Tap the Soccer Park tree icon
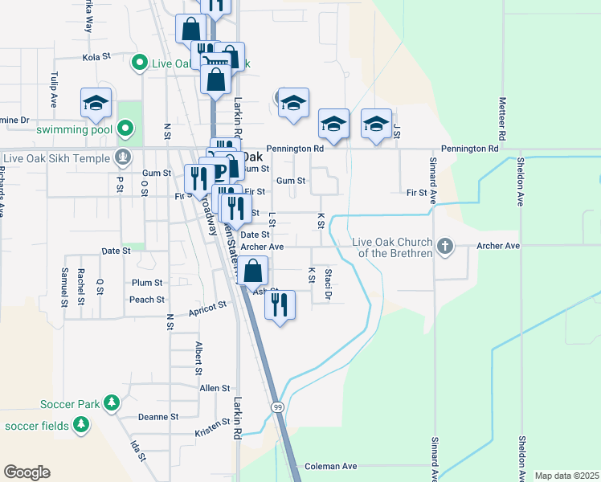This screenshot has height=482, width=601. pos(112,402)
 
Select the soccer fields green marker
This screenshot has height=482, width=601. pos(80,425)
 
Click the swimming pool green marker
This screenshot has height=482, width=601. pos(125,128)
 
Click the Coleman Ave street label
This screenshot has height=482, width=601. pos(329,466)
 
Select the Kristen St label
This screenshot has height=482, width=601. pos(212,432)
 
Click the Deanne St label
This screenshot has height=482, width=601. pos(157,417)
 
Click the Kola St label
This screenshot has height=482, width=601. pos(95,58)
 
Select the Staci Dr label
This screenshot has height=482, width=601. pos(328,285)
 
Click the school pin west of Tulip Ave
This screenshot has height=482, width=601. pos(95,103)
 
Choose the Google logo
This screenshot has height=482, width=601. pos(27,472)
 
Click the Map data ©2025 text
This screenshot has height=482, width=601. pos(566,476)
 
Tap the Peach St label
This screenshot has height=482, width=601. pos(147,300)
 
